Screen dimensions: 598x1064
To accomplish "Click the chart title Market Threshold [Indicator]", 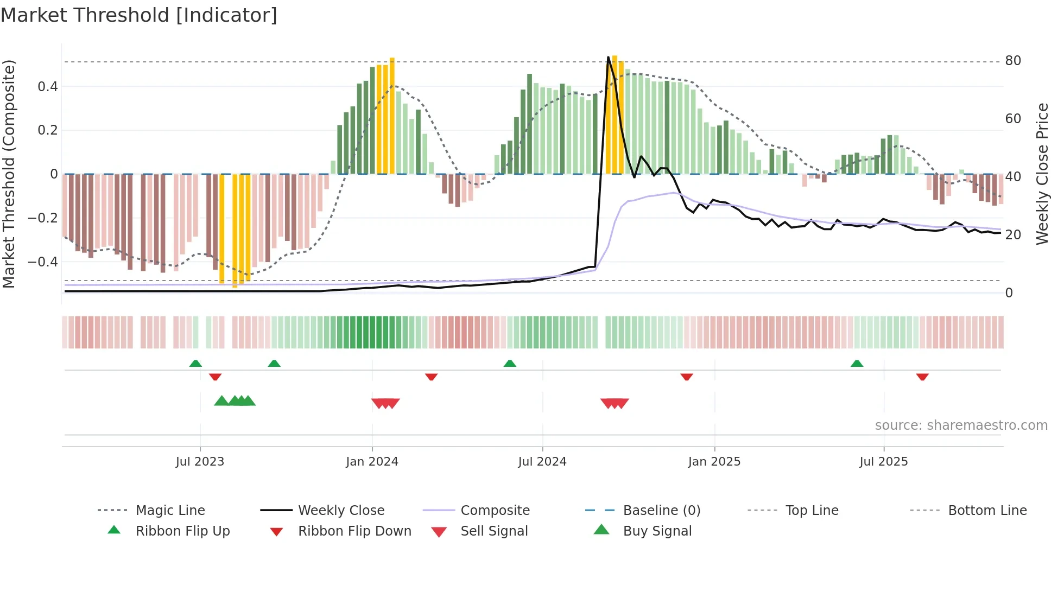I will click(x=139, y=15).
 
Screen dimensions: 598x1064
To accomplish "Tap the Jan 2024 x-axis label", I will click(x=372, y=462).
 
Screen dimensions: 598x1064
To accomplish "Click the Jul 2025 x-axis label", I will click(x=883, y=462).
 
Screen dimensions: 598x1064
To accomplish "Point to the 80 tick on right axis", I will click(x=1012, y=61).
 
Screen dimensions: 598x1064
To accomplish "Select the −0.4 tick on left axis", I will click(x=43, y=262).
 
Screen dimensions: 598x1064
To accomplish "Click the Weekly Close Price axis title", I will click(x=1042, y=174).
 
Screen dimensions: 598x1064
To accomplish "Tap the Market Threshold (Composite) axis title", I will click(x=9, y=174).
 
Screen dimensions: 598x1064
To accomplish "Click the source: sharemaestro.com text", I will click(x=961, y=425).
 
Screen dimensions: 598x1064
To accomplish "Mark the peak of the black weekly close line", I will click(x=609, y=57).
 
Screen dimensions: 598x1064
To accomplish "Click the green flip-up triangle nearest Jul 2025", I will click(x=857, y=364).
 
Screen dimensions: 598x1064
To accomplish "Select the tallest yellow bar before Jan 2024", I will click(x=392, y=115).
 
